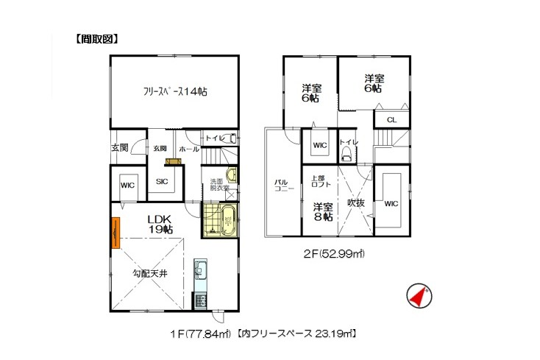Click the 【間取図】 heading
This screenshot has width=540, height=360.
97,39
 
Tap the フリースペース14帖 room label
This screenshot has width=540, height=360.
175,91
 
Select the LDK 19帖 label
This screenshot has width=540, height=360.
160,225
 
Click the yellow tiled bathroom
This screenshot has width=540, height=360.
220,220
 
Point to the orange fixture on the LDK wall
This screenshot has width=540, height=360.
116,233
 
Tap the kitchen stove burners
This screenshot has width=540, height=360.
200,301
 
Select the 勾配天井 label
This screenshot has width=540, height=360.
150,274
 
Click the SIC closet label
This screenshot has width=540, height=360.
162,181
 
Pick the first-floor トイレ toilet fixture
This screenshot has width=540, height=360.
232,138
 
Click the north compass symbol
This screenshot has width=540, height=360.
419,296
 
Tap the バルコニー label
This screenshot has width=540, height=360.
284,186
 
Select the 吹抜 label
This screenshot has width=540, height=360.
355,203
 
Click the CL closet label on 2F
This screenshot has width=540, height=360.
391,120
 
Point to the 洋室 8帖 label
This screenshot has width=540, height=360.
323,212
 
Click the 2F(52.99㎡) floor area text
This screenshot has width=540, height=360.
334,254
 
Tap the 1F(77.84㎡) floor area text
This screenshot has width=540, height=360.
200,333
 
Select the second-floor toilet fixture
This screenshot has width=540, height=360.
346,155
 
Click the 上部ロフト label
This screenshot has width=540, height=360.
321,181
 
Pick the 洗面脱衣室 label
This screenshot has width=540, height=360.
220,185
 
